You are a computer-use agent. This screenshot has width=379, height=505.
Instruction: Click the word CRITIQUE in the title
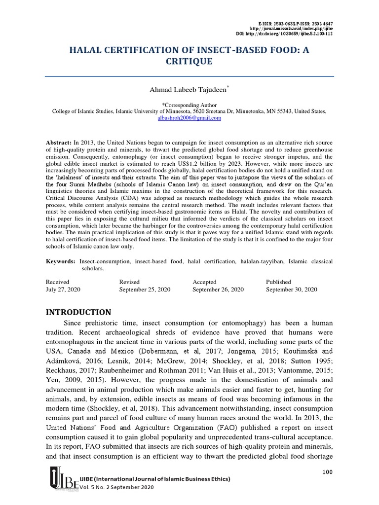click(189, 61)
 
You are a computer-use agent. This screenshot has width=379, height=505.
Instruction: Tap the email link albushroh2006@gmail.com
click(189, 118)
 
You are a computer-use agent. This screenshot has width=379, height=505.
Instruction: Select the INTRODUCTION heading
click(79, 312)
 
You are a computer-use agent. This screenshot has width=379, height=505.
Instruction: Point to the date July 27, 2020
click(63, 289)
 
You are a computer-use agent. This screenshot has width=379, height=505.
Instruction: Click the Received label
click(58, 282)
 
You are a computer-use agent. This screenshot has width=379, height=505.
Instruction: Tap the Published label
click(279, 282)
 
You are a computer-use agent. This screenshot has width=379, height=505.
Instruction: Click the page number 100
click(327, 472)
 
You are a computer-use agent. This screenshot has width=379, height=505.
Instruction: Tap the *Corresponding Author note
click(189, 105)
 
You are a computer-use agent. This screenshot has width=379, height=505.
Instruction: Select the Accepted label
click(204, 282)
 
